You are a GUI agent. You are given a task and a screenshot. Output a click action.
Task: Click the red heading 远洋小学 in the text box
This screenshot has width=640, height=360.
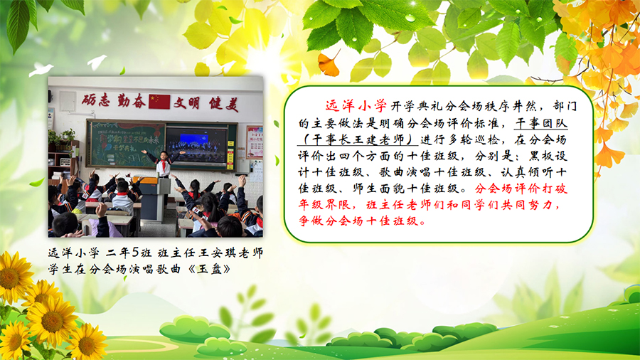[356, 106]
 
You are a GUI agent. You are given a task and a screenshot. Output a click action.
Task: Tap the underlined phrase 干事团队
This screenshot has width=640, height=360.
[541, 123]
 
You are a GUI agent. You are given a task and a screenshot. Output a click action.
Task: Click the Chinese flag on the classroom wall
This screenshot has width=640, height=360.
[159, 102]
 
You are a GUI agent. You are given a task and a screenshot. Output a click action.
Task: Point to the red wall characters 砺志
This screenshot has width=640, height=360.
[96, 100]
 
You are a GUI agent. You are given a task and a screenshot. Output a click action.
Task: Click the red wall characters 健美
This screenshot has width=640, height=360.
[224, 104]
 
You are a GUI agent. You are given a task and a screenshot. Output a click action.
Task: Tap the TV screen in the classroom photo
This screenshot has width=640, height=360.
[196, 146]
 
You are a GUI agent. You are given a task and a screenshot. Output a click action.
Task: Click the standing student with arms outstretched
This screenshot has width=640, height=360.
[164, 162]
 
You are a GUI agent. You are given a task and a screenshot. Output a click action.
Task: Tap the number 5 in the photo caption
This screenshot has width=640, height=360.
[136, 253]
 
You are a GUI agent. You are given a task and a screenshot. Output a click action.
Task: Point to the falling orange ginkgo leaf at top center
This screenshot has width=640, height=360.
[329, 63]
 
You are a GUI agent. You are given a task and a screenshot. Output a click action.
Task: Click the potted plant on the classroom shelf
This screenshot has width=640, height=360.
[67, 135]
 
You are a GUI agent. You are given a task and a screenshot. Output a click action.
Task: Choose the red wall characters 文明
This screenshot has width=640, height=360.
[186, 103]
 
